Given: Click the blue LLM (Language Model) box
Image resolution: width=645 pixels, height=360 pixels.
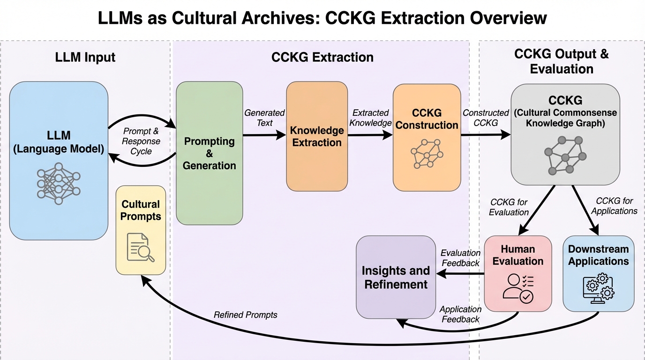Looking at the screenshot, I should click(x=59, y=141).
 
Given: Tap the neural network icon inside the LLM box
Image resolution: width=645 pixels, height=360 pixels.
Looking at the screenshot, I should click(x=59, y=183).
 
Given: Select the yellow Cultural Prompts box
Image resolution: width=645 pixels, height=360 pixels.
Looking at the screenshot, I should click(x=141, y=230).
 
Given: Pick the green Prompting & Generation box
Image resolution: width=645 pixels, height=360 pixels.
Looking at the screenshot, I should click(x=209, y=153).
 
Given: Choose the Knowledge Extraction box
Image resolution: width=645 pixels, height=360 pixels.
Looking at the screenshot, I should click(x=317, y=136).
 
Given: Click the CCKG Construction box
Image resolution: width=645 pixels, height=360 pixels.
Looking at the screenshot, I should click(x=427, y=137).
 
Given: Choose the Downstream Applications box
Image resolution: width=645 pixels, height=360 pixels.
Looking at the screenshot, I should click(x=598, y=273).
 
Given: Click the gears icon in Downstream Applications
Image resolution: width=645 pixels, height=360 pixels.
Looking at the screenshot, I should click(x=598, y=287).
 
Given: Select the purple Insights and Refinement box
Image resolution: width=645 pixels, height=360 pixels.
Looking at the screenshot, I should click(x=396, y=277).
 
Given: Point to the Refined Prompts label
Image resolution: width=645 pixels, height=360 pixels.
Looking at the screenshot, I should click(x=245, y=315).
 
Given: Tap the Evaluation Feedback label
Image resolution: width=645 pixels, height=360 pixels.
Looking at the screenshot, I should click(x=460, y=258).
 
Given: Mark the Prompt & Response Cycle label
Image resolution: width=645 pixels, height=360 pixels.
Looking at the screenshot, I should click(x=141, y=141).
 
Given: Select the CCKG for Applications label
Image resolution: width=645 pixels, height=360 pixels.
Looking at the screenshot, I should click(x=614, y=206).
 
